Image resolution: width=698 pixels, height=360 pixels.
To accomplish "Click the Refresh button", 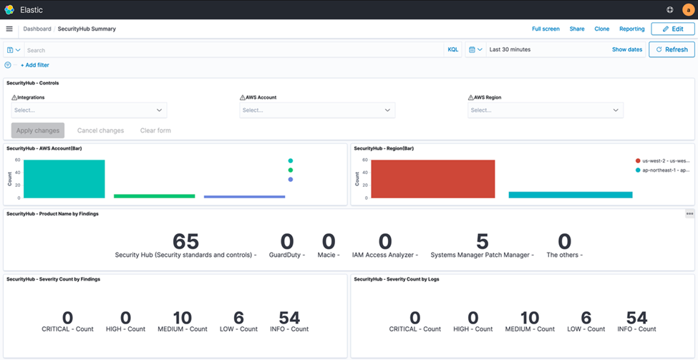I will [x=672, y=49].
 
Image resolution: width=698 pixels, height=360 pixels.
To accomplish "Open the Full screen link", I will [x=546, y=29].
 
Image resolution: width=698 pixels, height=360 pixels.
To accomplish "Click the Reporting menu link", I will [x=631, y=29].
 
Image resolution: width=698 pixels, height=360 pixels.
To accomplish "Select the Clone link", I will [x=601, y=29].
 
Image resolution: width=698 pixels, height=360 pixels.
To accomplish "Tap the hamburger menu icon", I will [x=9, y=29].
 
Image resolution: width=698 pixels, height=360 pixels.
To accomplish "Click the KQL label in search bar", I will [x=452, y=50].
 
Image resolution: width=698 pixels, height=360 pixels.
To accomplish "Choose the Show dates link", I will [x=626, y=50].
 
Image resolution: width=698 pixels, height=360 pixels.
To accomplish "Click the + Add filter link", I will [x=34, y=65].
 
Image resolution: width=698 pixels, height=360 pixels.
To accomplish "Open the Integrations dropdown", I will [x=89, y=110].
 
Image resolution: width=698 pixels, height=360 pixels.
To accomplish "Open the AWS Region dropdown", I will [x=546, y=110].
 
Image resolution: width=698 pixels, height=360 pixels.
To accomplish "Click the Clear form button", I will [x=155, y=130].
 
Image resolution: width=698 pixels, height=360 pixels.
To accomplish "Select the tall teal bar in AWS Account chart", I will [x=64, y=179].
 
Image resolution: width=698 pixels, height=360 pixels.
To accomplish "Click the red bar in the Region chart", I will [x=432, y=179].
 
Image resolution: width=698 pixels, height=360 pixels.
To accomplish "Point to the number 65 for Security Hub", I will [x=185, y=242].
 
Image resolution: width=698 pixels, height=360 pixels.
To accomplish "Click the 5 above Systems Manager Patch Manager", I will [x=482, y=242].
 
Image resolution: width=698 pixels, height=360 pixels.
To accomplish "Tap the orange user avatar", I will [x=688, y=9].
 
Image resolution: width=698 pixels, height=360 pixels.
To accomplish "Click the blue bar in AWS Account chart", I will [x=244, y=196].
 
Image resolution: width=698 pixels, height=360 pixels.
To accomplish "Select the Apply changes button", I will [x=38, y=130].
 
